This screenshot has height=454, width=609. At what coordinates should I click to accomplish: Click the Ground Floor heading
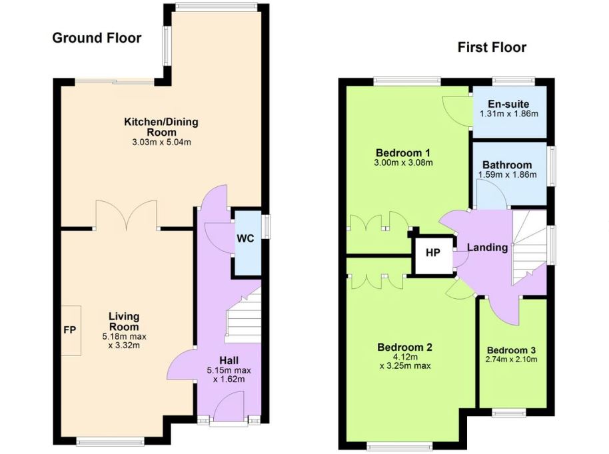point(97,38)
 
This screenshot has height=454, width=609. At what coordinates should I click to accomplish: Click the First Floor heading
point(492,47)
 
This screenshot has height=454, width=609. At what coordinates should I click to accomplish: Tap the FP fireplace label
point(70,330)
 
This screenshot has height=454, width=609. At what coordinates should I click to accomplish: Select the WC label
point(245,238)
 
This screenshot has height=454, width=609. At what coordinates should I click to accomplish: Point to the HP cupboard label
point(432,252)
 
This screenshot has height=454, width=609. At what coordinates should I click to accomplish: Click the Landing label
point(488,247)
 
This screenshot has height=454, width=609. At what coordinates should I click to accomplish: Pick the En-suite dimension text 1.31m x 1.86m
point(509,114)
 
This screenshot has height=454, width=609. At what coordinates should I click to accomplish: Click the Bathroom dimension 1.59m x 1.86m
point(507,174)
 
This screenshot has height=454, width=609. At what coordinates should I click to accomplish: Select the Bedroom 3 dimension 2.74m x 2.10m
point(512,359)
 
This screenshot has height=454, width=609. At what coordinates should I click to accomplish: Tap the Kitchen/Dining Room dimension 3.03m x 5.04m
point(161,142)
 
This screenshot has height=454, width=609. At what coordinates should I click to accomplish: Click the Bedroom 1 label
point(403,152)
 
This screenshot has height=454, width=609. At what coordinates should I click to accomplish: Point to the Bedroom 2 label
point(404,347)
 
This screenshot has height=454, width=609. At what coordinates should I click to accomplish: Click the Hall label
point(229,361)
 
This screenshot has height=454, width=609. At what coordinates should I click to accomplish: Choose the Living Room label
point(124,322)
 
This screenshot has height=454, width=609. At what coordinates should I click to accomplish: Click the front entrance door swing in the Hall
point(229,406)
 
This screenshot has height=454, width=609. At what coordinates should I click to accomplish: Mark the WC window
point(267,226)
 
